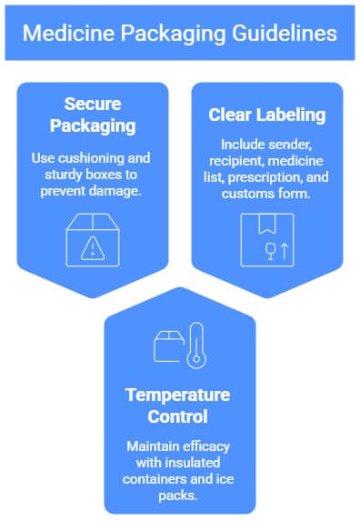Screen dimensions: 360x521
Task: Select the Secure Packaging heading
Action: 92,113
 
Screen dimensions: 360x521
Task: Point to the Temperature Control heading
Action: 180,406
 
